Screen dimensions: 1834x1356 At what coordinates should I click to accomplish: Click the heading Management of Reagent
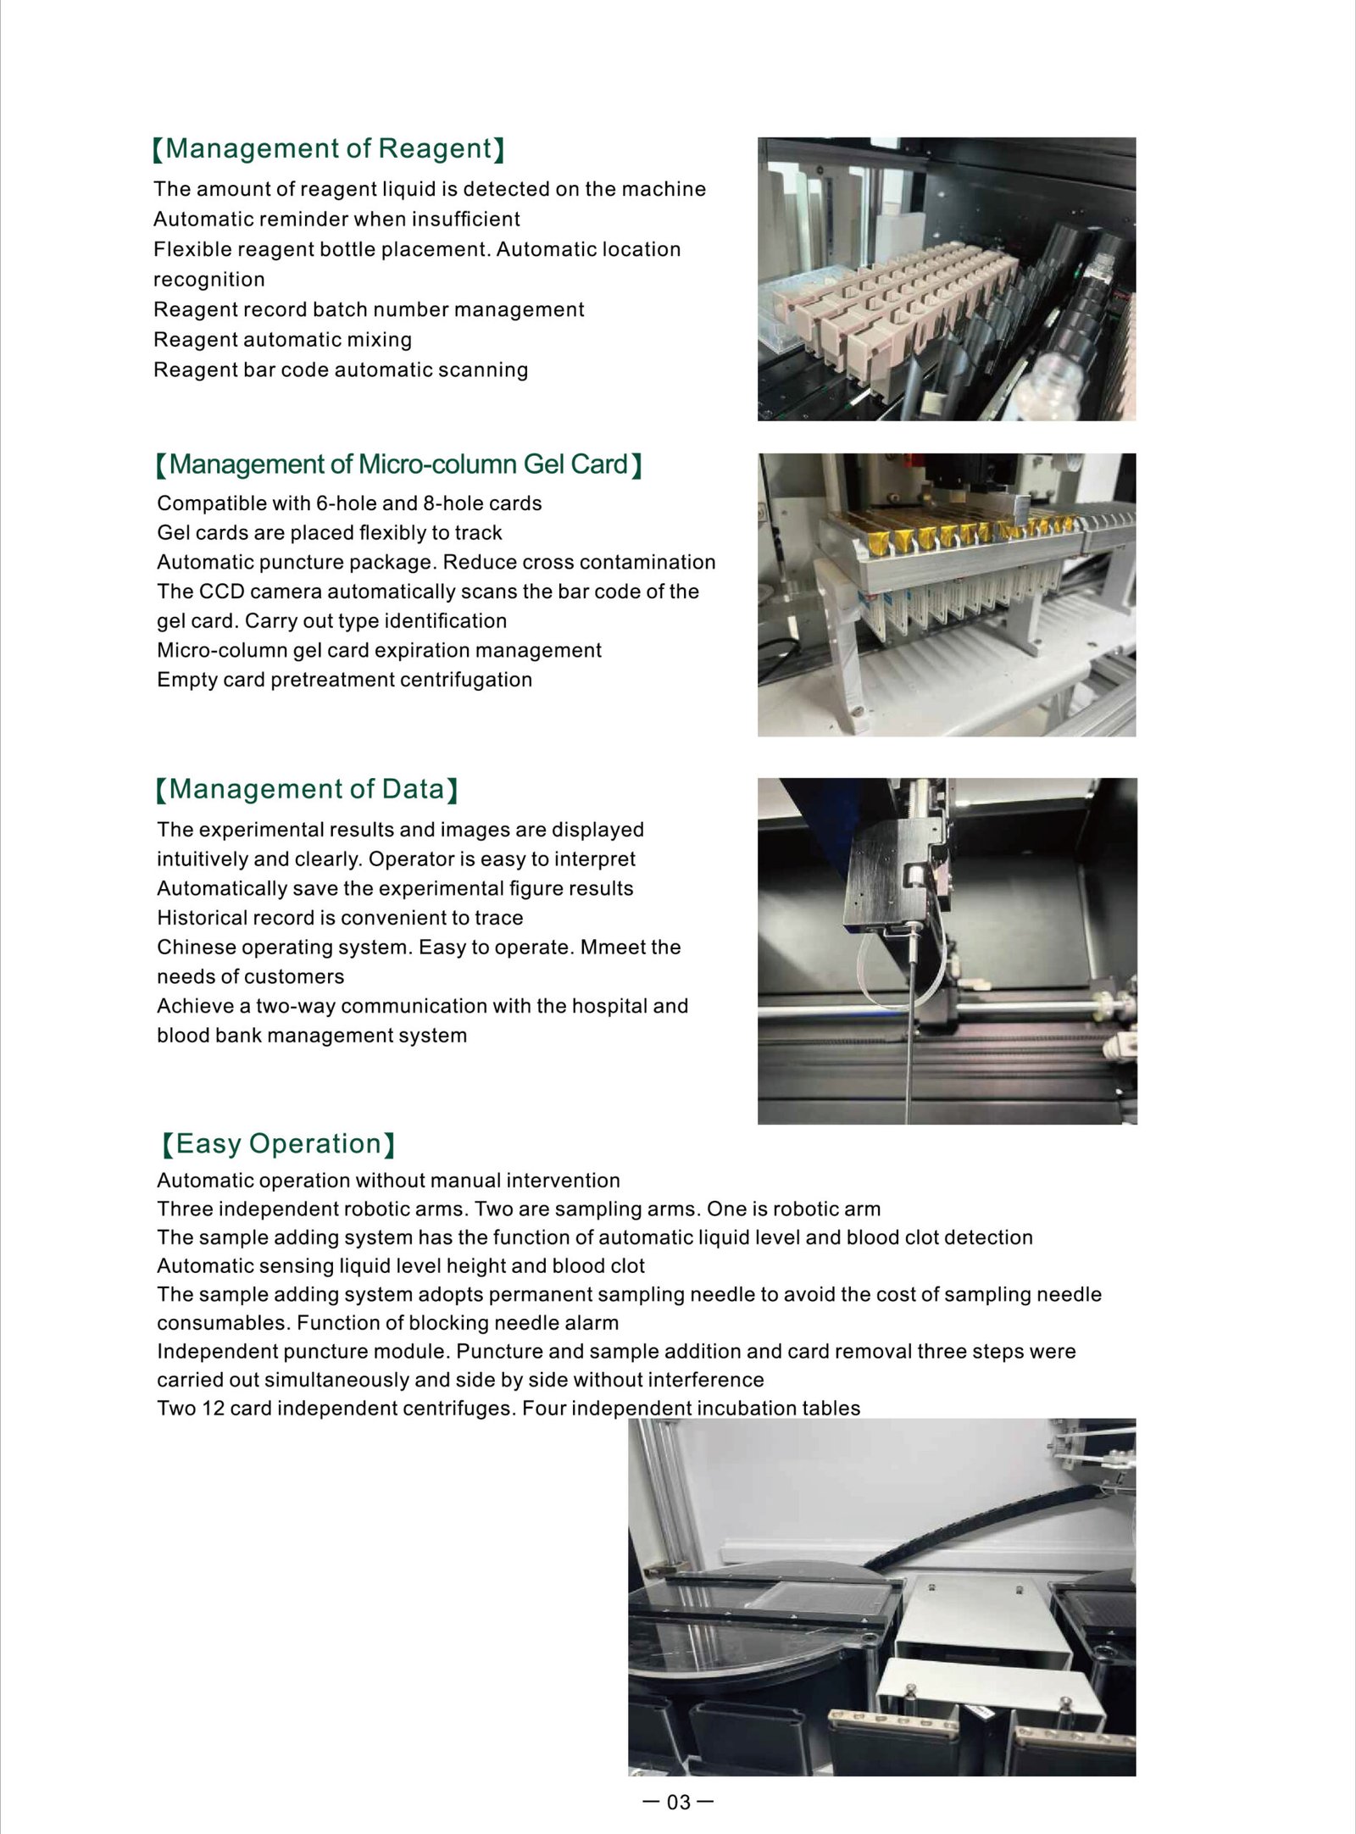click(328, 149)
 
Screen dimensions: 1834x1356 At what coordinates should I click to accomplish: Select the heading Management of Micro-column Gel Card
click(398, 464)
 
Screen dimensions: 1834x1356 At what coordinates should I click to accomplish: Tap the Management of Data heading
click(307, 790)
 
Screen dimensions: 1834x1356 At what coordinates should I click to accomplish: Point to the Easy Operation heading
click(279, 1144)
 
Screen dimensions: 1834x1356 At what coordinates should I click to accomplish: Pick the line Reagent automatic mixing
click(282, 340)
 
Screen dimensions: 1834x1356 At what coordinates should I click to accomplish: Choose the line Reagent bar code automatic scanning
click(341, 370)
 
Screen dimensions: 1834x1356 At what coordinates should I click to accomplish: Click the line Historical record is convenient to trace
click(340, 918)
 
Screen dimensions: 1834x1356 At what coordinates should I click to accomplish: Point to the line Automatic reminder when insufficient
click(336, 220)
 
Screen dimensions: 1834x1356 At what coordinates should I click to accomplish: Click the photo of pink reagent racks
click(946, 279)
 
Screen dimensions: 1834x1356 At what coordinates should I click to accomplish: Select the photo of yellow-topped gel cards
click(946, 594)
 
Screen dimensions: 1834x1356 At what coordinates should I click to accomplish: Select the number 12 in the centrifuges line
click(213, 1409)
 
